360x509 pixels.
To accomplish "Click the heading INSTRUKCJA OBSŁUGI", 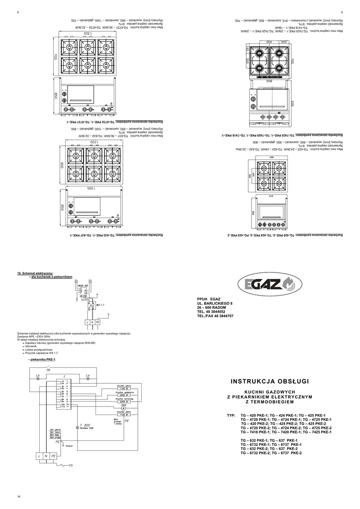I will click(x=270, y=381).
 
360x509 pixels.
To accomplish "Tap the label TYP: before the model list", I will click(x=230, y=415).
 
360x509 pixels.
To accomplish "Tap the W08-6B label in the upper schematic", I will click(x=83, y=286).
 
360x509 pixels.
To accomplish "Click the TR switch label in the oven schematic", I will click(x=48, y=370).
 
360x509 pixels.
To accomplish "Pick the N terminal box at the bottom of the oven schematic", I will click(x=46, y=455).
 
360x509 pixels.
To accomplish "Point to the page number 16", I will click(x=18, y=497).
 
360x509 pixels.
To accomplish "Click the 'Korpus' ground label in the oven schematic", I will click(x=69, y=446).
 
